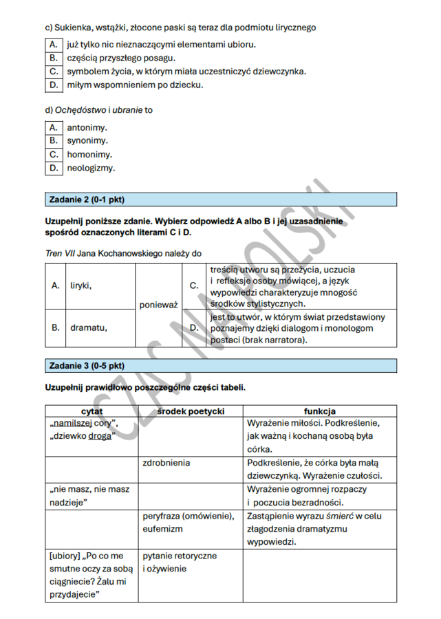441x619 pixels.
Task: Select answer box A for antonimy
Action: pyautogui.click(x=53, y=127)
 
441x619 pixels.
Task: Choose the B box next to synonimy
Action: pyautogui.click(x=53, y=140)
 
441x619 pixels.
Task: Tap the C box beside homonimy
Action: pyautogui.click(x=53, y=154)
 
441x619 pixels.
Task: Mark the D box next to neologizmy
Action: pyautogui.click(x=53, y=167)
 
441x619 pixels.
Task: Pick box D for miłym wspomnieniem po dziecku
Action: pyautogui.click(x=53, y=85)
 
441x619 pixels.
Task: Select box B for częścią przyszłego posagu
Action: pyautogui.click(x=53, y=58)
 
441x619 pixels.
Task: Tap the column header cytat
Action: pyautogui.click(x=92, y=411)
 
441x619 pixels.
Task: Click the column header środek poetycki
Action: pyautogui.click(x=191, y=411)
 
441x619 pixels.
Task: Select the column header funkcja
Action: pyautogui.click(x=319, y=411)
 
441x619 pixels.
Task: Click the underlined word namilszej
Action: pyautogui.click(x=72, y=423)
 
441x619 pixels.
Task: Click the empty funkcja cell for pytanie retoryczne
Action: pyautogui.click(x=319, y=575)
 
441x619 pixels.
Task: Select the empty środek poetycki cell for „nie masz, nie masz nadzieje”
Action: pyautogui.click(x=191, y=496)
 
